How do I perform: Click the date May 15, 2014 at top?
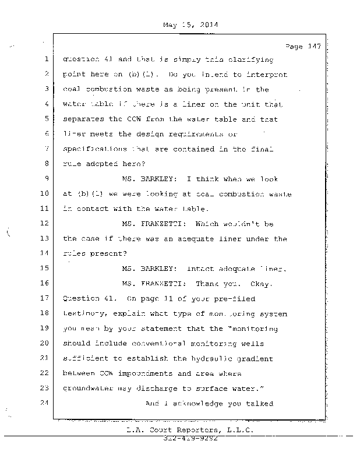pyautogui.click(x=187, y=26)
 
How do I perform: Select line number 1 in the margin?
pyautogui.click(x=45, y=59)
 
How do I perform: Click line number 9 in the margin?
pyautogui.click(x=45, y=179)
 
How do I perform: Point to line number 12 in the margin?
pyautogui.click(x=44, y=223)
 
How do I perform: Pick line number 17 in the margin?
pyautogui.click(x=44, y=298)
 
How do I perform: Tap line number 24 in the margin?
pyautogui.click(x=44, y=403)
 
